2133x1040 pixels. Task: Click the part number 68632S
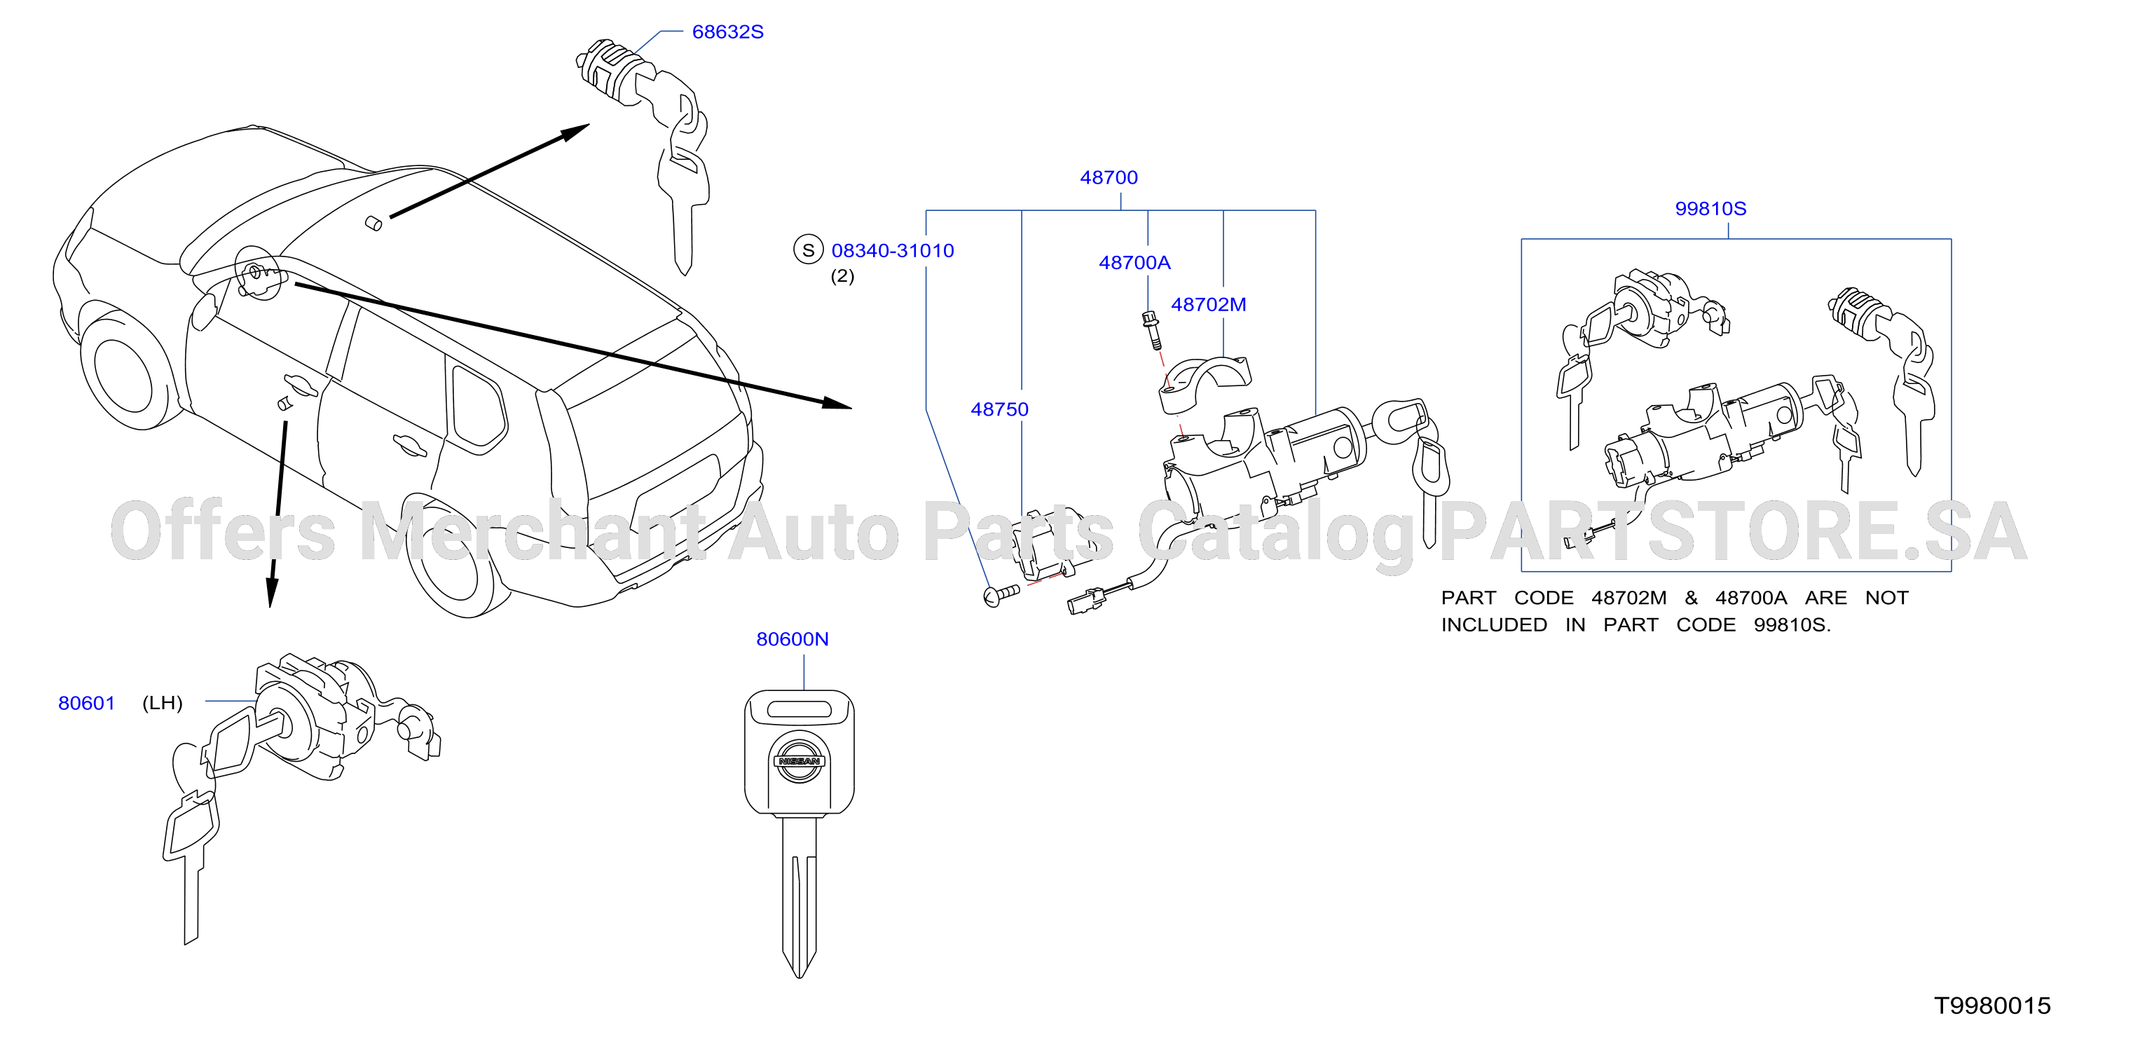pyautogui.click(x=727, y=32)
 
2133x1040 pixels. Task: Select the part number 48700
pyautogui.click(x=1109, y=177)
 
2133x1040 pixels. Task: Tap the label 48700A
pyautogui.click(x=1134, y=263)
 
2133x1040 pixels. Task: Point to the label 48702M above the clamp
pyautogui.click(x=1208, y=305)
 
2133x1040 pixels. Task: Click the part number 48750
pyautogui.click(x=999, y=409)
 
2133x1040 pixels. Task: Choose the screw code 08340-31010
pyautogui.click(x=893, y=250)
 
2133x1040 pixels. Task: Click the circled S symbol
pyautogui.click(x=808, y=249)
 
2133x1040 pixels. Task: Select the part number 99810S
pyautogui.click(x=1710, y=209)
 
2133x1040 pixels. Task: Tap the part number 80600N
pyautogui.click(x=793, y=639)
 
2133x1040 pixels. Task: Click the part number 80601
pyautogui.click(x=86, y=703)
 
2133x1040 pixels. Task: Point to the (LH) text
pyautogui.click(x=163, y=703)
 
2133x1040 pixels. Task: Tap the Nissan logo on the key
pyautogui.click(x=798, y=761)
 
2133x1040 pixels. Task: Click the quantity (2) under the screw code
pyautogui.click(x=842, y=277)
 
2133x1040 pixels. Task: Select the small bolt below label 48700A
pyautogui.click(x=1152, y=330)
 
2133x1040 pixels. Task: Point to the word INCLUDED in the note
pyautogui.click(x=1494, y=625)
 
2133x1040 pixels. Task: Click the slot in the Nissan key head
pyautogui.click(x=799, y=709)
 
